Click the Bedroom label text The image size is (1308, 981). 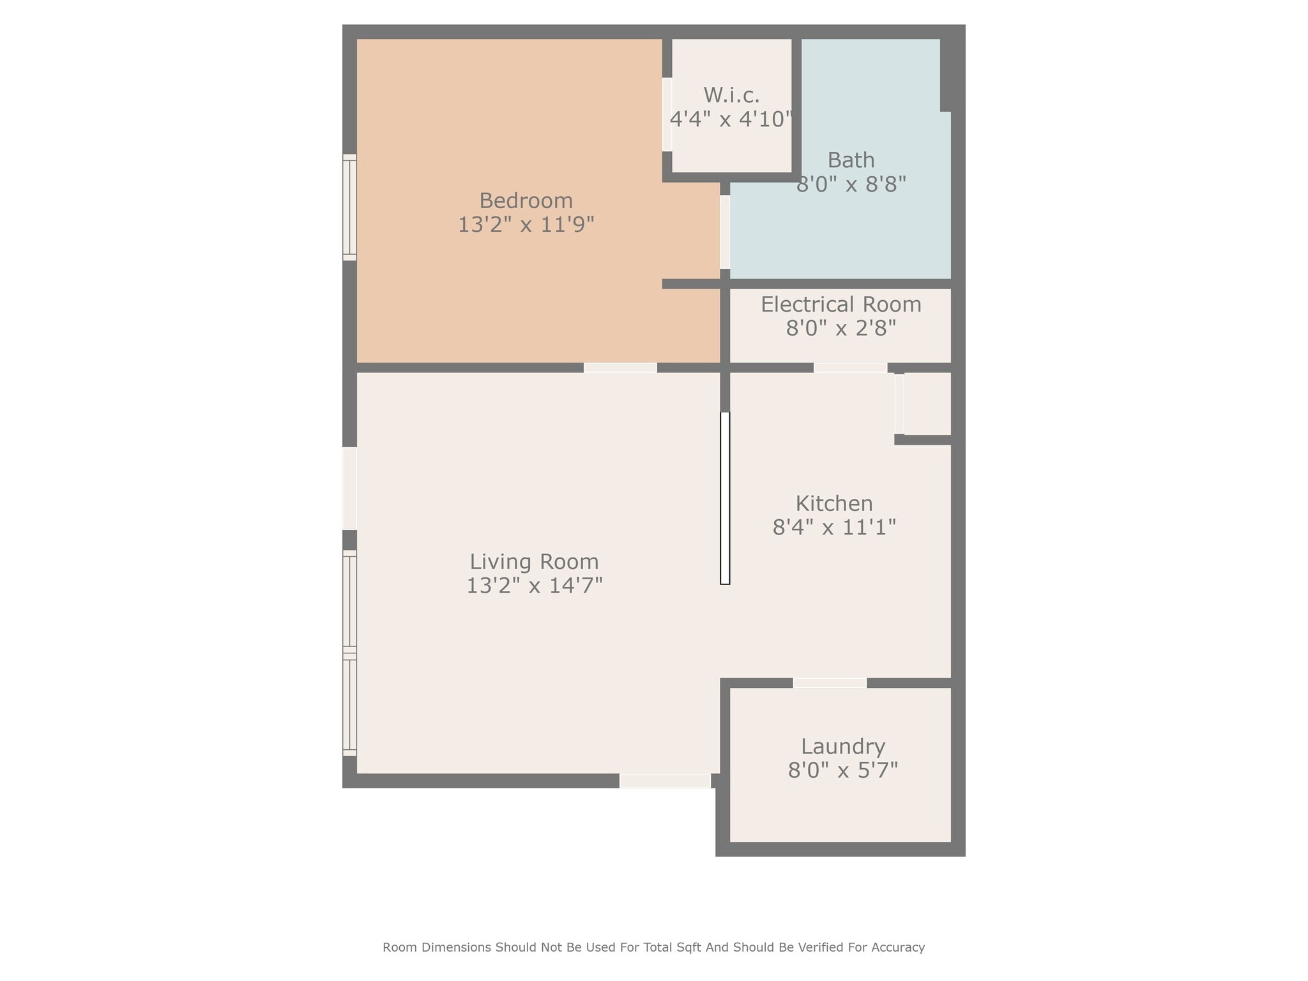526,201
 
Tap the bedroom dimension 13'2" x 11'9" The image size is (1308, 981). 526,225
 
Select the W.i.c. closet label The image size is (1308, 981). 731,95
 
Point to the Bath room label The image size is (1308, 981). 851,160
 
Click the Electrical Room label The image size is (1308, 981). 840,304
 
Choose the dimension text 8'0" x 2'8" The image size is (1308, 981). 840,328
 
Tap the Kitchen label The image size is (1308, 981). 833,503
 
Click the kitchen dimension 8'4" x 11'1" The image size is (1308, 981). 833,528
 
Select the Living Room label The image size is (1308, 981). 534,561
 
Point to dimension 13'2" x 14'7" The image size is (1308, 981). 534,586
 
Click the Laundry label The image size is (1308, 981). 842,746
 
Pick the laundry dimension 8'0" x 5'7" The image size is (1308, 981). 842,770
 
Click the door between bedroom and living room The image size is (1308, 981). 620,367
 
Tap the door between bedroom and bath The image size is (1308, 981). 725,232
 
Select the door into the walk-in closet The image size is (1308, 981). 667,114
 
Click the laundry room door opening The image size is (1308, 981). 830,683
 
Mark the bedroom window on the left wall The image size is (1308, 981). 349,208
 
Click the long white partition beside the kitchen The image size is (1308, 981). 725,498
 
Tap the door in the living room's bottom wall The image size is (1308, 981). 665,780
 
